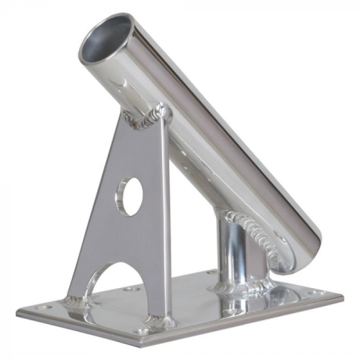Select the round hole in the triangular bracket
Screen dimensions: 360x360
pos(130,197)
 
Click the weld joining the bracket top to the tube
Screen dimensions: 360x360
pos(148,117)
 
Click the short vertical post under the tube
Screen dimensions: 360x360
pos(235,256)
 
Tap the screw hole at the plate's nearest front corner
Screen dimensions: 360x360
pos(147,331)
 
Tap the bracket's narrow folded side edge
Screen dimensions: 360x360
pos(166,216)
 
